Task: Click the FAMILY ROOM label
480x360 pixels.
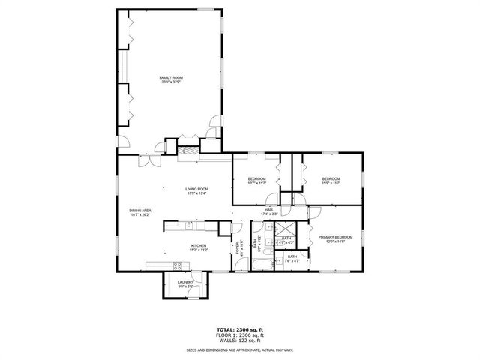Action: (x=171, y=77)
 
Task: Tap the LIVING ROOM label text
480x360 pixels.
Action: (x=197, y=189)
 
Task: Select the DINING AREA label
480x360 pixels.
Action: (x=140, y=211)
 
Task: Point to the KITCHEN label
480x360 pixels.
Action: (x=198, y=245)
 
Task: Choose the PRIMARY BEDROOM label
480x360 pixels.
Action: (x=331, y=238)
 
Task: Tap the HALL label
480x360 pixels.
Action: (x=268, y=210)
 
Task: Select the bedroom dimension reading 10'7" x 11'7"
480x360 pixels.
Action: (x=256, y=183)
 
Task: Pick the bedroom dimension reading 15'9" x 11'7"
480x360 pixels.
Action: (x=331, y=183)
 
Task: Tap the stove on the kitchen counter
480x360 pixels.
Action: (x=178, y=264)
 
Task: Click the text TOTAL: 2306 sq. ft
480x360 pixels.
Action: (x=239, y=328)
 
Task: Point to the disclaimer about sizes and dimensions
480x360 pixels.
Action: (x=239, y=349)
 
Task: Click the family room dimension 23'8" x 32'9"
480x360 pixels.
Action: (x=171, y=82)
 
